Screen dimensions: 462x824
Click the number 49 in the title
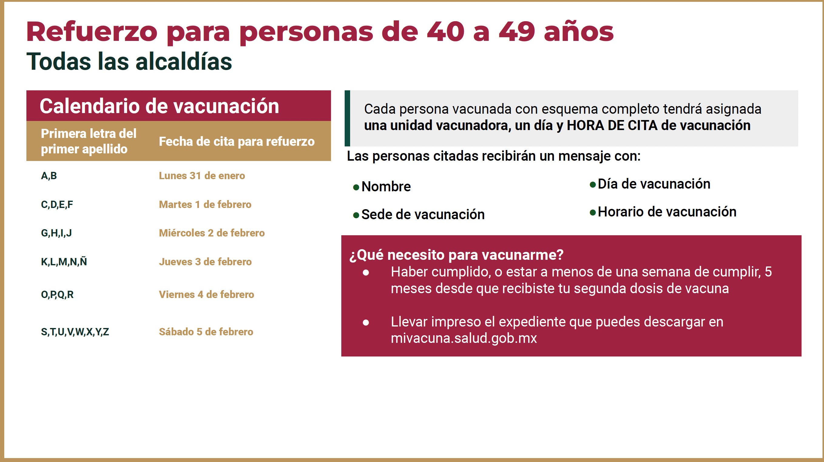tap(517, 32)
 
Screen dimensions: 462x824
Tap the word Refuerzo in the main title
tap(92, 32)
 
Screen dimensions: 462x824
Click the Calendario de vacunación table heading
tap(159, 106)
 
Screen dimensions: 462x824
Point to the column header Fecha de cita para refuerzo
tap(237, 141)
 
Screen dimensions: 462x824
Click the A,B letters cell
tap(49, 176)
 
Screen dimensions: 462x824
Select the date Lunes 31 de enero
tap(202, 176)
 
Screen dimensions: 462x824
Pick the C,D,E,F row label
tap(57, 204)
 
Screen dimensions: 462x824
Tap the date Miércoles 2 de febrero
tap(212, 233)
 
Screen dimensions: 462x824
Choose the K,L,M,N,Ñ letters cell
tap(64, 262)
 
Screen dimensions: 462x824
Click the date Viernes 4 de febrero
tap(206, 294)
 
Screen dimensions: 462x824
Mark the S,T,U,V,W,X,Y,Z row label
tap(75, 332)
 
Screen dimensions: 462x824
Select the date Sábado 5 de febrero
tap(206, 332)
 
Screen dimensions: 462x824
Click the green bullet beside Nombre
tap(356, 187)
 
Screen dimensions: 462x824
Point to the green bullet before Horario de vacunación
tap(593, 213)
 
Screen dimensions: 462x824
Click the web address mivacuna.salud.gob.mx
tap(464, 338)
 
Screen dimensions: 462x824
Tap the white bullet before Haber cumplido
tap(366, 273)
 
